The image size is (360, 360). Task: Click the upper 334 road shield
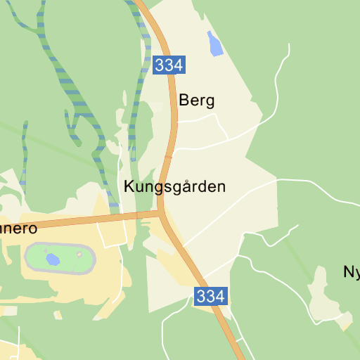pos(169,65)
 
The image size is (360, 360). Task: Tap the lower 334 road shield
pos(211,296)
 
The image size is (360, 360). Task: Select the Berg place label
pos(196,101)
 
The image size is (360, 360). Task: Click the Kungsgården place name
pos(174,187)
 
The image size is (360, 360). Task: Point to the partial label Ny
pos(351,271)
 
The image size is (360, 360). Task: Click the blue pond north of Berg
pos(214,44)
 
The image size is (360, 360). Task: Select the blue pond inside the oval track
pos(52,259)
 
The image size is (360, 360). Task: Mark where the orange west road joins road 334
pos(161,212)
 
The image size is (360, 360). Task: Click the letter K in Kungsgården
pos(128,187)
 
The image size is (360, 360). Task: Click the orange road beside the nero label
pos(70,222)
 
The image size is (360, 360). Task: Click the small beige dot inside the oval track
pos(80,255)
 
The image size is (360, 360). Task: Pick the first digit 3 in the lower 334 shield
pos(202,296)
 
